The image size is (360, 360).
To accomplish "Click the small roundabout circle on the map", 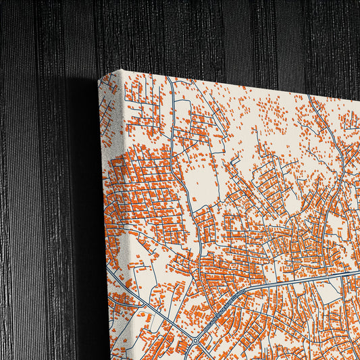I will click(195, 341).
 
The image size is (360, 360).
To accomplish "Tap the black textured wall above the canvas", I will click(203, 34).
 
